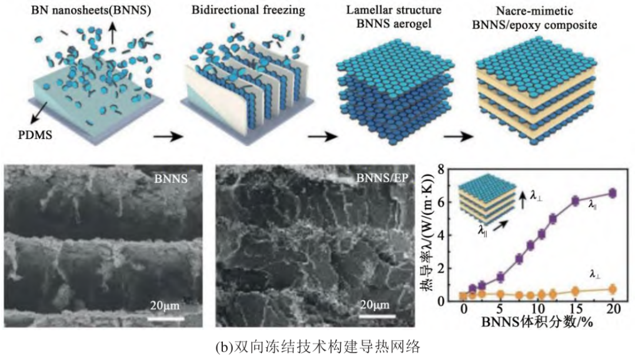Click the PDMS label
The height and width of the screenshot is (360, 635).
tap(35, 135)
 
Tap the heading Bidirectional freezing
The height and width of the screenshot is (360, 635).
tap(248, 10)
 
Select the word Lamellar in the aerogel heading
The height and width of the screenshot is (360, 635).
tap(366, 9)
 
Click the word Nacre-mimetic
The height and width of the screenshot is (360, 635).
tap(534, 11)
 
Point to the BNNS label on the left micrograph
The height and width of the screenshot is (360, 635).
tap(171, 178)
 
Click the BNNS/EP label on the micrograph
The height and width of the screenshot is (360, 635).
tap(382, 178)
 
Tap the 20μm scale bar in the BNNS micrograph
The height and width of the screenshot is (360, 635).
tap(166, 319)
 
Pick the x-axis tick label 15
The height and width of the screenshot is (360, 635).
tap(575, 309)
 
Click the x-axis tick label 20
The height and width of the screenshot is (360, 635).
tap(613, 309)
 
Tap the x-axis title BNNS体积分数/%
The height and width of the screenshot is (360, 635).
tap(537, 322)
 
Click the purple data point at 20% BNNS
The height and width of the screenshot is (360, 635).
tap(613, 193)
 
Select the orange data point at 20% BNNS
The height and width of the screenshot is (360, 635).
tap(613, 289)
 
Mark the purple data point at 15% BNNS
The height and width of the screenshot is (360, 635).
tap(575, 201)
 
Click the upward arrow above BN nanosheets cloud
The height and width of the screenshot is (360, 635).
tap(112, 33)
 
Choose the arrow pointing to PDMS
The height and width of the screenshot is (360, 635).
tap(38, 113)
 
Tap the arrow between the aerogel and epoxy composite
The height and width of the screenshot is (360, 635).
tap(458, 136)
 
